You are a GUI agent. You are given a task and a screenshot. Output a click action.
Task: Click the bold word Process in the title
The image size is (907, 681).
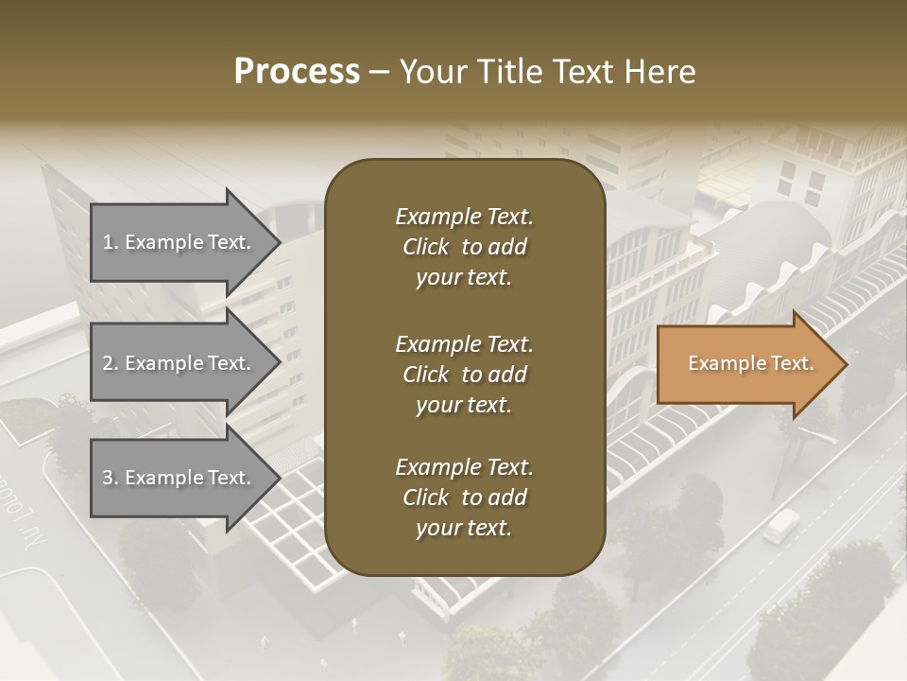point(297,72)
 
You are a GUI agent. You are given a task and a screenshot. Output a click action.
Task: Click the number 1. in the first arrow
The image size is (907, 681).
point(111,242)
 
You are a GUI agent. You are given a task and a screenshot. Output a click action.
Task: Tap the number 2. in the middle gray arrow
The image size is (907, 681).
point(111,363)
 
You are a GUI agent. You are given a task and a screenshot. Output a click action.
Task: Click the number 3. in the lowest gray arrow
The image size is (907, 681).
point(111,478)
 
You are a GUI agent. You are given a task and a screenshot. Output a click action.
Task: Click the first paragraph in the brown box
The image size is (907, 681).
point(464,247)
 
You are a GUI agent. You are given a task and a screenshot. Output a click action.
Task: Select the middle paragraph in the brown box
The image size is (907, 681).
point(464,374)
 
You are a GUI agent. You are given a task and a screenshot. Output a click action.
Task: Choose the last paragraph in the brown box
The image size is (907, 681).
point(464,498)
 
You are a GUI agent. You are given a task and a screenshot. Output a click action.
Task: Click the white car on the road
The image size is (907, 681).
point(780,525)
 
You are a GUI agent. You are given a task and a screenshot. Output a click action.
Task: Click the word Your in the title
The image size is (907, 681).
point(431,72)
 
